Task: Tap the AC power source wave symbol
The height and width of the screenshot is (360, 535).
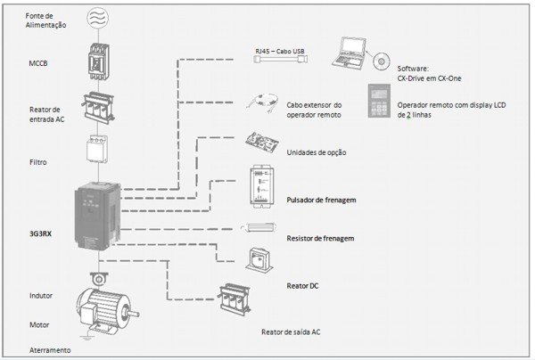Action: pyautogui.click(x=98, y=16)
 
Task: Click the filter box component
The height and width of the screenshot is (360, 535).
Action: pyautogui.click(x=99, y=154)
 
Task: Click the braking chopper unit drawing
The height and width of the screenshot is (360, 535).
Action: pyautogui.click(x=267, y=188)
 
